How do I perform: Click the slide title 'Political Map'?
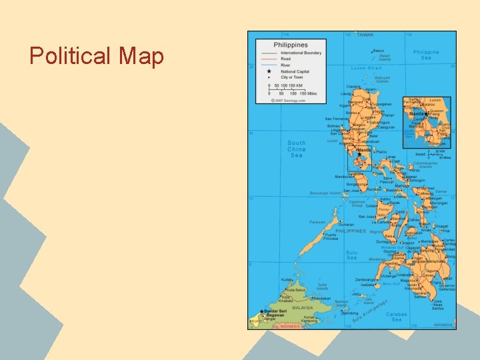pyautogui.click(x=97, y=56)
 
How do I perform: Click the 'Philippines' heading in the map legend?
pyautogui.click(x=291, y=45)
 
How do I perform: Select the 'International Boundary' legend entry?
pyautogui.click(x=301, y=53)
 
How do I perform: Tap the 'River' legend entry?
pyautogui.click(x=285, y=65)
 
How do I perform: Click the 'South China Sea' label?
pyautogui.click(x=297, y=149)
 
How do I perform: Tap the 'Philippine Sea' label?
pyautogui.click(x=426, y=55)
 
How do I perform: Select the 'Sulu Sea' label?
pyautogui.click(x=352, y=255)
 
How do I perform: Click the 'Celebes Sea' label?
pyautogui.click(x=397, y=317)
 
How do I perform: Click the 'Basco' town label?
pyautogui.click(x=379, y=51)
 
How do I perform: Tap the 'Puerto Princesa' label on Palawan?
pyautogui.click(x=331, y=236)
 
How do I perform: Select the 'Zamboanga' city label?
pyautogui.click(x=365, y=280)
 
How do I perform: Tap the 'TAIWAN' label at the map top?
pyautogui.click(x=365, y=35)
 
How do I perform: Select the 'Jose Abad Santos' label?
pyautogui.click(x=437, y=304)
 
